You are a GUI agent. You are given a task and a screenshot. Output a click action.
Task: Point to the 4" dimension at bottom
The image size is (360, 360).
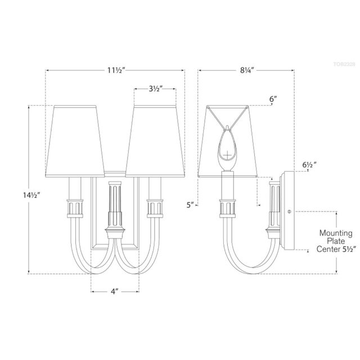pos(115,292)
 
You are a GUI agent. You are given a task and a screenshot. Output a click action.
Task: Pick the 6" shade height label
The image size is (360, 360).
pos(273,99)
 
